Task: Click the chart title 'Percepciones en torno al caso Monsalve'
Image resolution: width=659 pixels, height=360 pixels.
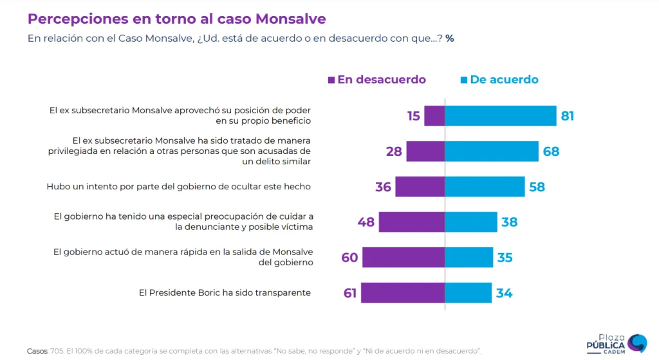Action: click(176, 19)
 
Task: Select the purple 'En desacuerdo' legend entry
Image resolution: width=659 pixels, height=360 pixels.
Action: click(377, 80)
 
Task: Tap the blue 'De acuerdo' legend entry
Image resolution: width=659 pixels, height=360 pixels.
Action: click(499, 80)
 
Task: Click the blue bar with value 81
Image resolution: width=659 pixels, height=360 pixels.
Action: click(501, 116)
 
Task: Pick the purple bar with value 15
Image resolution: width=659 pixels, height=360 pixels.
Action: click(434, 116)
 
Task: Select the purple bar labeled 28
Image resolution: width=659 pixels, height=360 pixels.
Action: click(425, 151)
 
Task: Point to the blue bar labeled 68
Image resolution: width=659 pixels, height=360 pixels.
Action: click(492, 151)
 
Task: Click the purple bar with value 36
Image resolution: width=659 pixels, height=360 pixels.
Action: click(420, 187)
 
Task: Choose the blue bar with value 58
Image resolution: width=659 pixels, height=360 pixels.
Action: click(485, 187)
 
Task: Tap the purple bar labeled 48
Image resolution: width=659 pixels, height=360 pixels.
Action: click(412, 222)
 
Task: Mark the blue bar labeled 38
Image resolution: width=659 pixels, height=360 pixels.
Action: click(471, 222)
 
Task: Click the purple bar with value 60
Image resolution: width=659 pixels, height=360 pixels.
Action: click(404, 257)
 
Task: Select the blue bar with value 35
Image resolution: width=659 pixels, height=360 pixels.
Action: click(469, 257)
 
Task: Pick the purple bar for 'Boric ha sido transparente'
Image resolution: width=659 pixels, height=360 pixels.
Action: click(403, 292)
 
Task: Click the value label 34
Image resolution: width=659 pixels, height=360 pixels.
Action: click(504, 293)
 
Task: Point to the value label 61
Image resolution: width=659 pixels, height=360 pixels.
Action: click(350, 293)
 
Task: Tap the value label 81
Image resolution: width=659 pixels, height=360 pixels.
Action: click(567, 117)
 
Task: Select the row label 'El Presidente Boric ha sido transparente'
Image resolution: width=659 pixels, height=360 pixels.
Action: click(225, 292)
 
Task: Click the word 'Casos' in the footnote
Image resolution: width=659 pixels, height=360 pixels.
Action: click(37, 351)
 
